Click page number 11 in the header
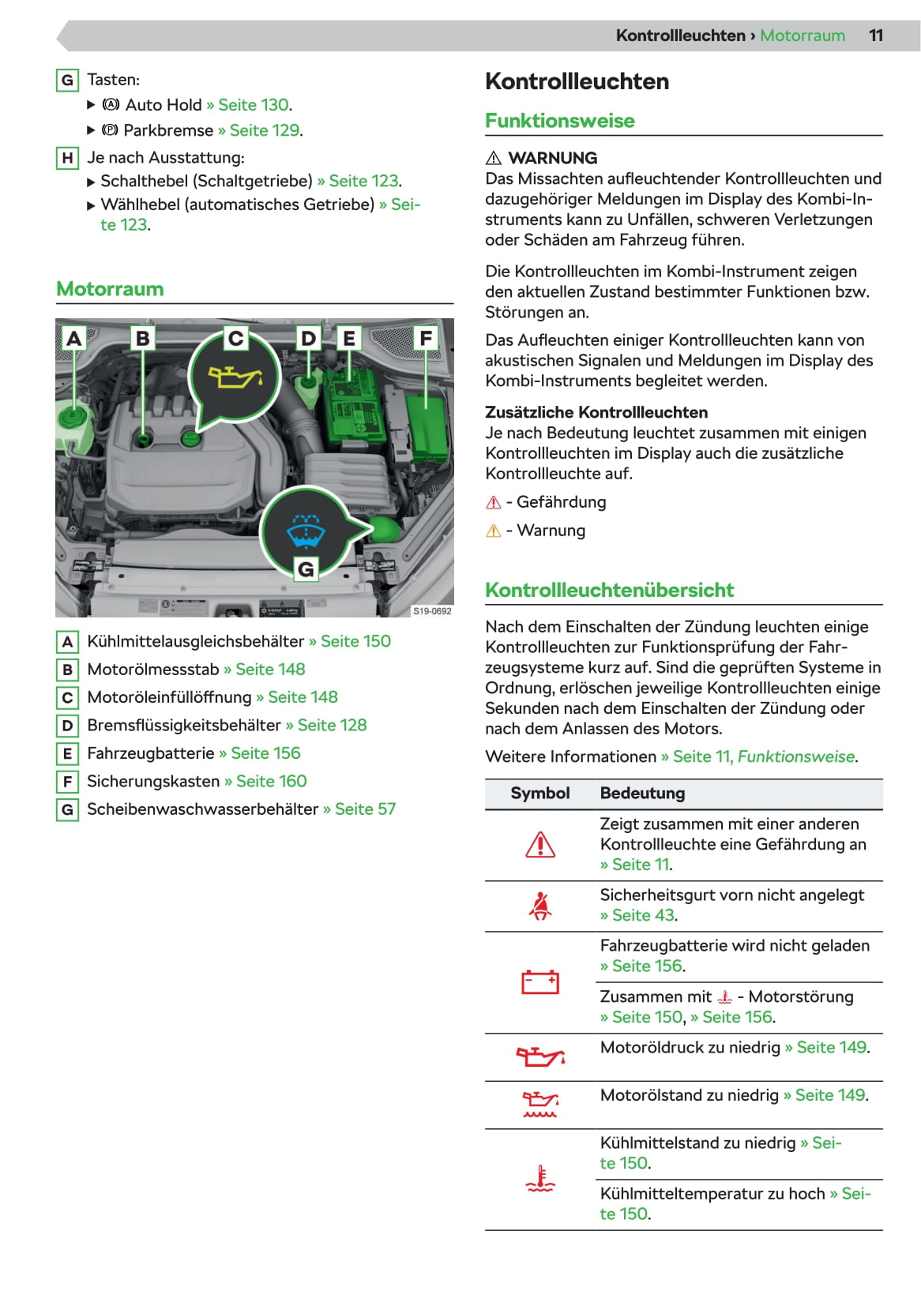coord(875,36)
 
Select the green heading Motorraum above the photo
coord(110,289)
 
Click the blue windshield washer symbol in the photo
coord(305,531)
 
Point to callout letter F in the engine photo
coord(426,338)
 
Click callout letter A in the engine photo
coord(73,338)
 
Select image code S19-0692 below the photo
coord(432,611)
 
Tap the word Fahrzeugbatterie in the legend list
coord(151,753)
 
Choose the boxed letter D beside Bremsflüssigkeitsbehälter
coord(67,726)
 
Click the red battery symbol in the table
coord(540,982)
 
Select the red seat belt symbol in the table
coord(540,906)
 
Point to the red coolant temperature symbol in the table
coord(540,1179)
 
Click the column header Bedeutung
coord(642,794)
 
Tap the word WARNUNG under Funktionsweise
coord(552,158)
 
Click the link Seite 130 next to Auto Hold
coord(253,105)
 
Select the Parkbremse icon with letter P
coord(111,130)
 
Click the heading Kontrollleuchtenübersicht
coord(609,590)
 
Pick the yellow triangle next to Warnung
coord(494,531)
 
